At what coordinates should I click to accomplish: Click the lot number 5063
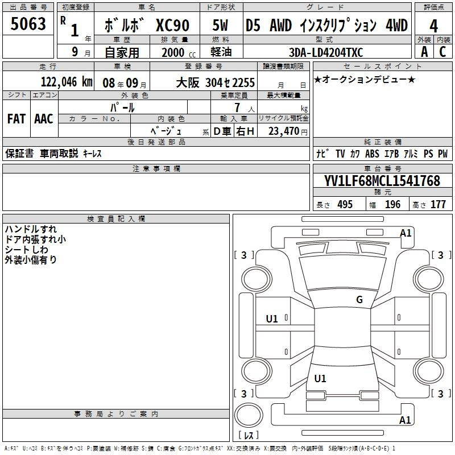click(x=28, y=24)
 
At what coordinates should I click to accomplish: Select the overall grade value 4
click(x=433, y=26)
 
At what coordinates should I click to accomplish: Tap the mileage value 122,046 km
click(x=67, y=82)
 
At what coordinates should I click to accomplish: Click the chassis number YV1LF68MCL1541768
click(x=382, y=181)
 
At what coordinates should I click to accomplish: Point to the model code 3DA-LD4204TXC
click(x=326, y=52)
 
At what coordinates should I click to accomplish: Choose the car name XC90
click(x=173, y=25)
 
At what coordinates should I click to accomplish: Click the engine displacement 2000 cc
click(x=179, y=52)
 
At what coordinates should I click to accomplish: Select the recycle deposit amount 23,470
click(x=283, y=131)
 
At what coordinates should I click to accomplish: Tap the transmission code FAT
click(x=16, y=119)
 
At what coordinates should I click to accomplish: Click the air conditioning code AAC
click(x=44, y=119)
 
